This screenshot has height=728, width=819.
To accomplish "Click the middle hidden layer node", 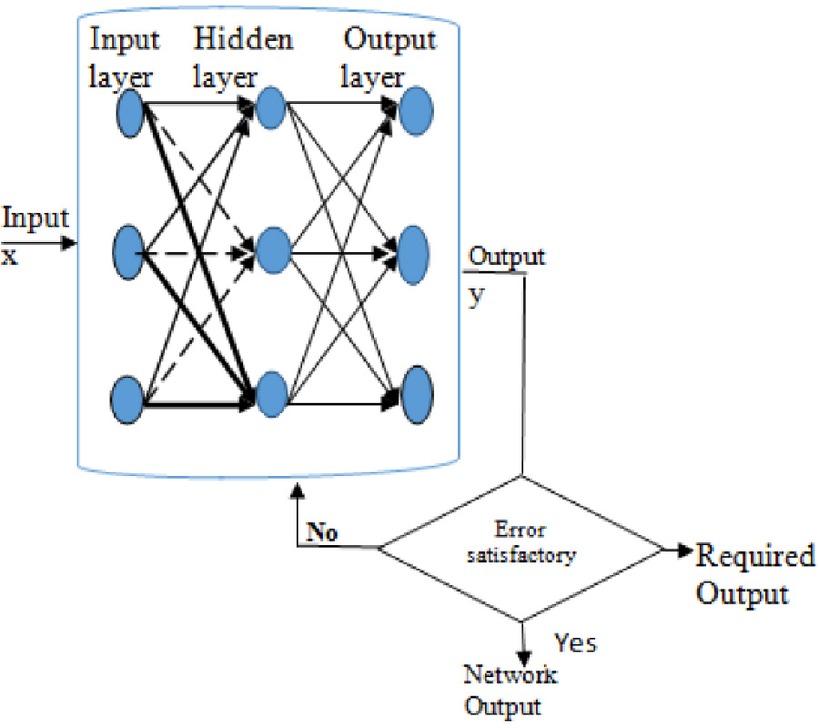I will point(272,247).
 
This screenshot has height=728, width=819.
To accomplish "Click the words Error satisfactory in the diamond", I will point(521,543).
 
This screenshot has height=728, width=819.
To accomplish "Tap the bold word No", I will point(321,533).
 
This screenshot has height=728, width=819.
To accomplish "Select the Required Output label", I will point(753,575).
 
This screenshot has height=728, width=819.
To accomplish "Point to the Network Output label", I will point(510,691).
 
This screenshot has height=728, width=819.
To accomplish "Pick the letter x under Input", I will point(9,256).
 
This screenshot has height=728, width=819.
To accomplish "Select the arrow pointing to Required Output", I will point(679,551).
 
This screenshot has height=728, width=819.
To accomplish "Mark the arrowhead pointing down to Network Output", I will point(522,656).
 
